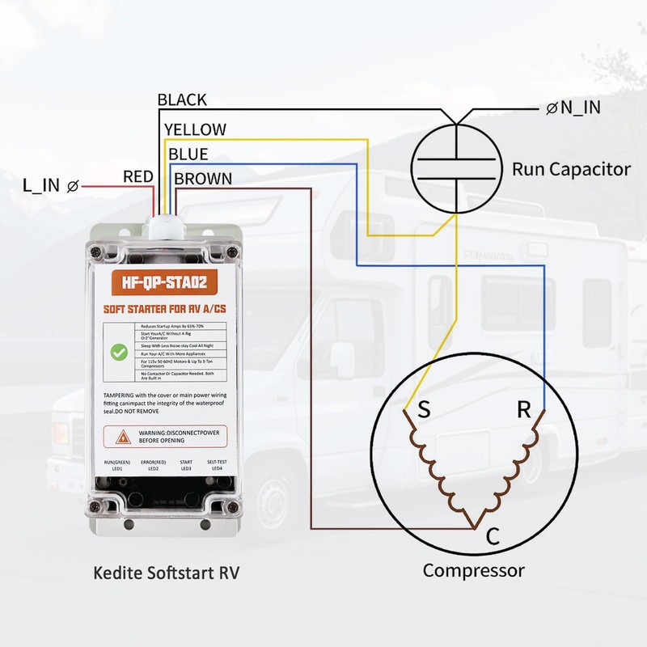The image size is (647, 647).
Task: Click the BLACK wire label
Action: pyautogui.click(x=182, y=100)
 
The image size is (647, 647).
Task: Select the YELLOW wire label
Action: pyautogui.click(x=195, y=129)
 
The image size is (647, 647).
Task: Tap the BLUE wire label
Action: pyautogui.click(x=188, y=154)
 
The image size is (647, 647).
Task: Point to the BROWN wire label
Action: pyautogui.click(x=203, y=179)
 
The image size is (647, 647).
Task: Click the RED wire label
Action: pyautogui.click(x=137, y=176)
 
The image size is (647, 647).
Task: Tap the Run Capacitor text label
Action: pyautogui.click(x=570, y=170)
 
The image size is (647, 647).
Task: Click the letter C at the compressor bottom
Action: pyautogui.click(x=493, y=536)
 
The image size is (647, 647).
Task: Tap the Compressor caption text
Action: pyautogui.click(x=473, y=570)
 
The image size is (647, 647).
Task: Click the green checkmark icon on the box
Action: pyautogui.click(x=119, y=353)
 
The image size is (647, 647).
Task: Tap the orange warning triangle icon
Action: pyautogui.click(x=123, y=437)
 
